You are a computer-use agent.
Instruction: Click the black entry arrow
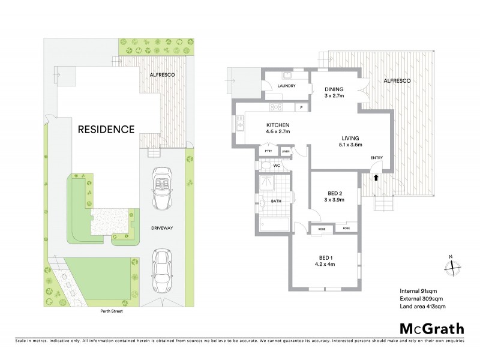coord(376,177)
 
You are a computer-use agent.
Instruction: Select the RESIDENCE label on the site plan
coord(105,129)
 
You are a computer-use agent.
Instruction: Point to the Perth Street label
coord(113,311)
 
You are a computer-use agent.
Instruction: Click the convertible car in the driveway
coord(162,188)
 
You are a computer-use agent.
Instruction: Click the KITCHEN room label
coord(278,125)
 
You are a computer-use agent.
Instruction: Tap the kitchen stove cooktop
coord(277,107)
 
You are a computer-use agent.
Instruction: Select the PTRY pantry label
coord(268,152)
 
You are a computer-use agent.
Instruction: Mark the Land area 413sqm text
coord(422,306)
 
